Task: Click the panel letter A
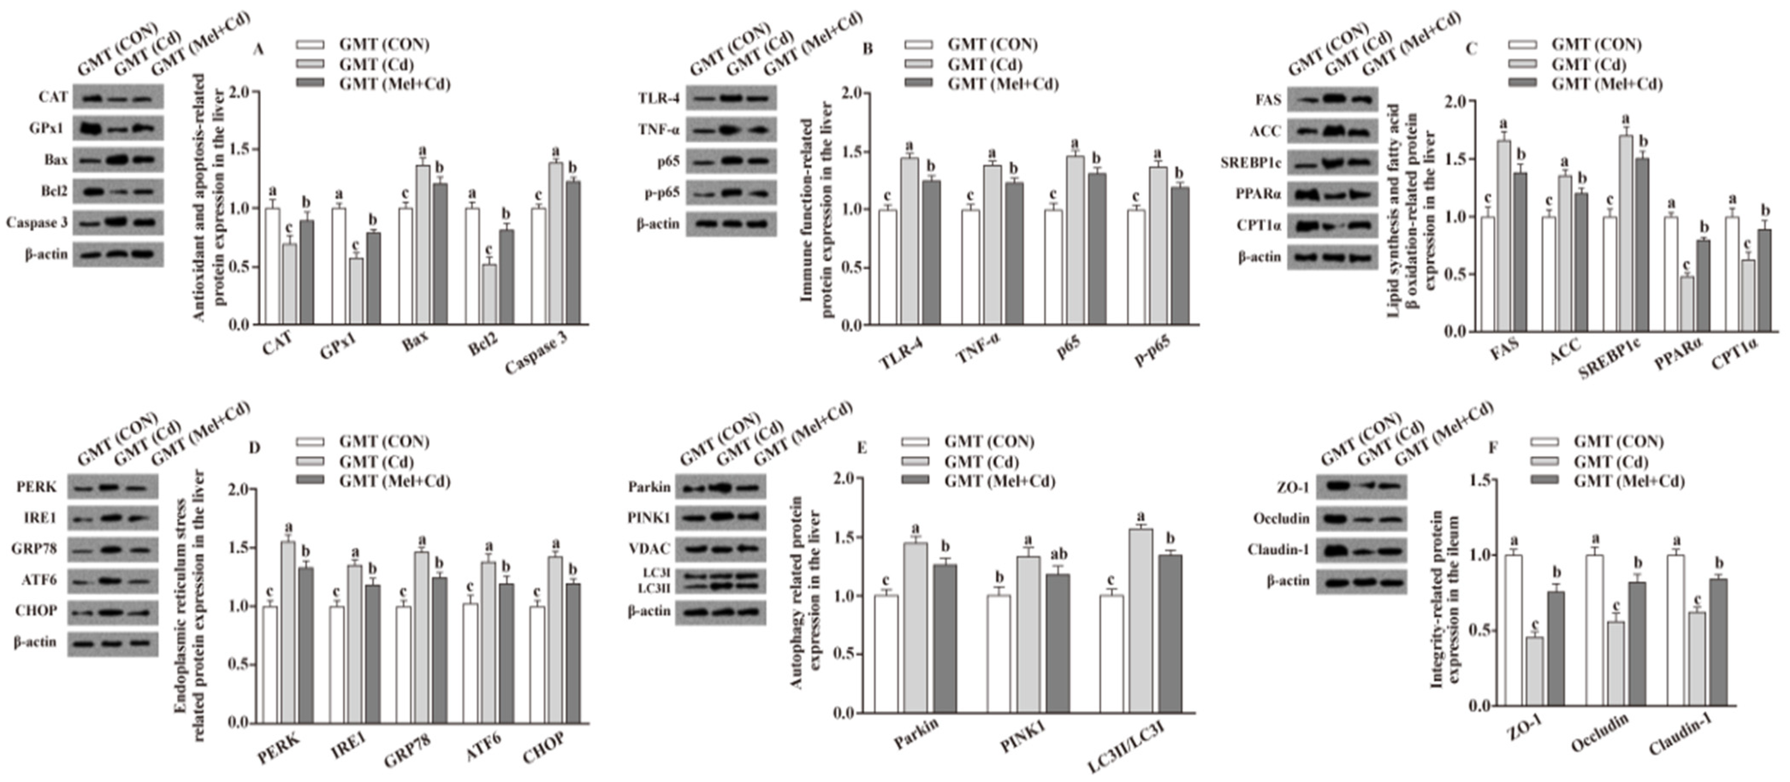[x=258, y=49]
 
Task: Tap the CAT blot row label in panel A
[x=53, y=97]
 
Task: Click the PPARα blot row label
[x=1258, y=194]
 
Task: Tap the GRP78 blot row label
[x=34, y=549]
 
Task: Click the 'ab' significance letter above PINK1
[x=1058, y=554]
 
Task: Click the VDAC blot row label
[x=649, y=549]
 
